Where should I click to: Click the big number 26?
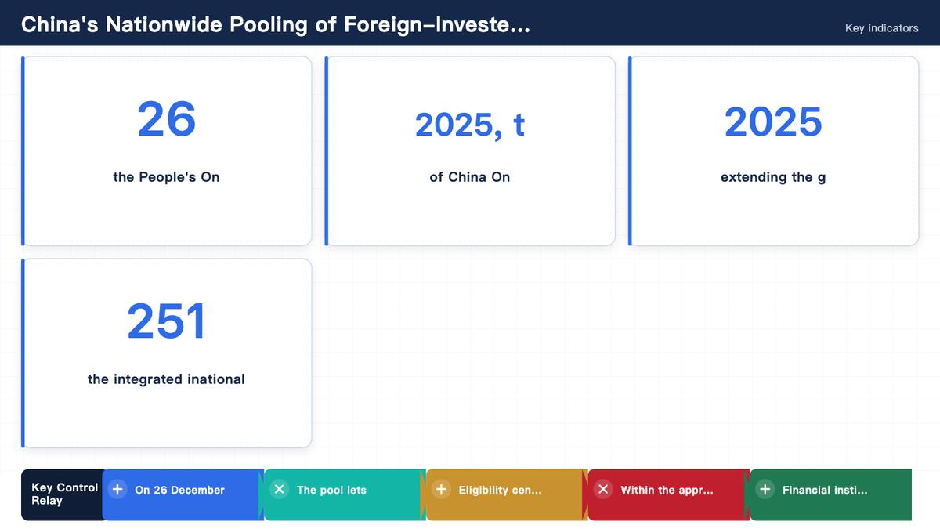[167, 119]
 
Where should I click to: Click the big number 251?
[167, 321]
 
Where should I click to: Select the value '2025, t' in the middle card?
[469, 125]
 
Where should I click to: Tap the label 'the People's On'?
[166, 177]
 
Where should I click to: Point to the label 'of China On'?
[469, 177]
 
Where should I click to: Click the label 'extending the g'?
[773, 177]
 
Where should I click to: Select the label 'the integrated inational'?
[166, 379]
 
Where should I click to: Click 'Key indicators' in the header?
[882, 28]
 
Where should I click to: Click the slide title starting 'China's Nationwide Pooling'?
[276, 25]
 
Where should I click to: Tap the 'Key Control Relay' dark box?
[63, 495]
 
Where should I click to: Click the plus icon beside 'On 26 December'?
[117, 489]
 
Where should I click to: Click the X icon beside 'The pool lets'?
[280, 489]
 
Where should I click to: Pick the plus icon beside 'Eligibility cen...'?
[441, 489]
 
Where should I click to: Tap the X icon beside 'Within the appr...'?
[603, 489]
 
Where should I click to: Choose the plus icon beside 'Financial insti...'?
[765, 489]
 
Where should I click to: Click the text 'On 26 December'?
[179, 490]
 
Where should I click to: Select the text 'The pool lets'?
[331, 490]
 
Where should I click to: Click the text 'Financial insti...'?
[825, 490]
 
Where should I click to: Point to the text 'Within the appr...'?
[667, 490]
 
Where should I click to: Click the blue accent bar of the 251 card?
[23, 353]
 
